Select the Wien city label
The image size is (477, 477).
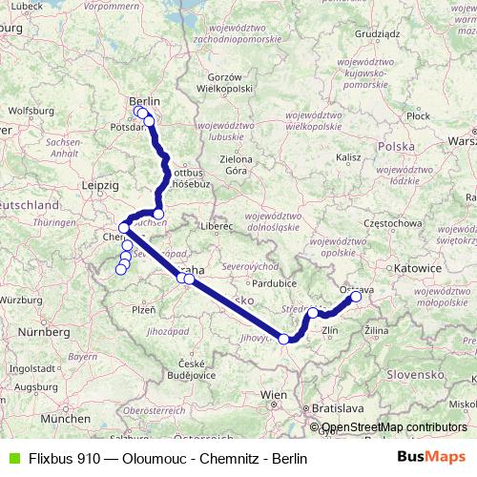(274, 393)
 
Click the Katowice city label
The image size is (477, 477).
(421, 269)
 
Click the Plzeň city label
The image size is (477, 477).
(143, 310)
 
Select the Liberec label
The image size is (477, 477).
(218, 228)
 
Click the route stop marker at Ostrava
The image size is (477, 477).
(356, 297)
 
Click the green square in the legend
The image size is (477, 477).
(11, 459)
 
